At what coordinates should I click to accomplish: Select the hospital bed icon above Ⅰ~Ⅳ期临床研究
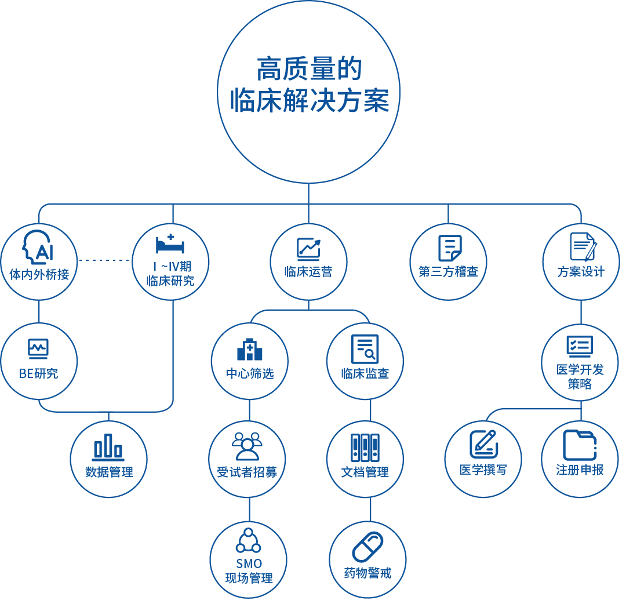tap(170, 243)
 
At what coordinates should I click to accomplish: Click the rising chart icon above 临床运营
tap(308, 248)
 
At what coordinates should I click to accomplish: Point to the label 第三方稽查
tap(448, 271)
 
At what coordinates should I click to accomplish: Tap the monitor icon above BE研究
tap(38, 348)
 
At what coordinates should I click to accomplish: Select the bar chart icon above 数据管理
tap(108, 447)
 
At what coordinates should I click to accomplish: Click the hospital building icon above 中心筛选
tap(250, 348)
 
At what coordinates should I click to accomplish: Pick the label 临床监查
tap(365, 374)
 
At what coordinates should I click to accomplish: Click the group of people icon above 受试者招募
tap(247, 446)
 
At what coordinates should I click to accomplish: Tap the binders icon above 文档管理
tap(365, 448)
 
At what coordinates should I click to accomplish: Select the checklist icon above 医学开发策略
tap(580, 346)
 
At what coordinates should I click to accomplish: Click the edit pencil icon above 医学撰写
tap(483, 444)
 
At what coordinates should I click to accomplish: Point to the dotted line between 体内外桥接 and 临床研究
tap(104, 260)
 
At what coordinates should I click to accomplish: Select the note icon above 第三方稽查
tap(449, 248)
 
